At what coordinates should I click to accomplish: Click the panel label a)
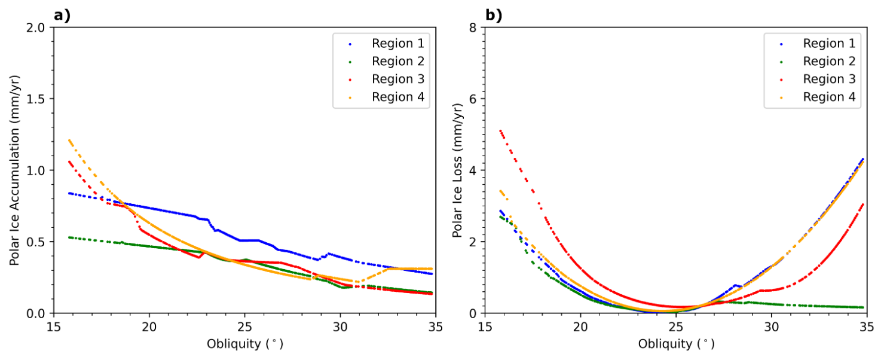coord(62,16)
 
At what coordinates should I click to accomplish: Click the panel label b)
coord(493,16)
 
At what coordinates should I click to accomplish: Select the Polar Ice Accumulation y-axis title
coord(14,170)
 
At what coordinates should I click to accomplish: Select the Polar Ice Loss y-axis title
coord(457,170)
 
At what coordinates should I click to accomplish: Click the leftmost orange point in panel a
coord(69,140)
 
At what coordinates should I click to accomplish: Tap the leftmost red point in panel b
coord(500,130)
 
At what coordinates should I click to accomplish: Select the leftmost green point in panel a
coord(69,237)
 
